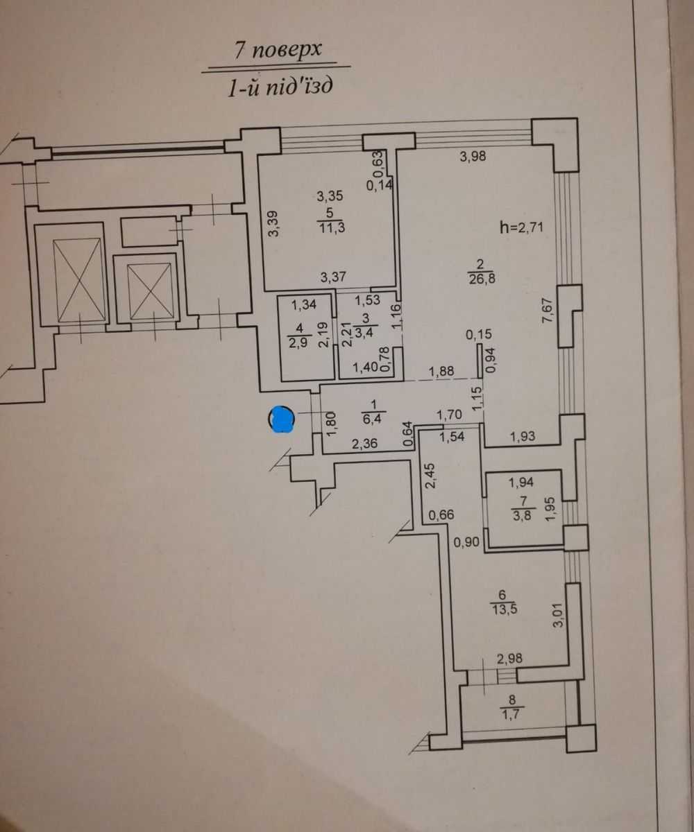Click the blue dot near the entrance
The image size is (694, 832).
[x=282, y=419]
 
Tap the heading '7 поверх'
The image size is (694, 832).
[x=278, y=51]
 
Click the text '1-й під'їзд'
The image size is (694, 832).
[x=280, y=87]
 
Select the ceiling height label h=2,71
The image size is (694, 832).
[x=521, y=227]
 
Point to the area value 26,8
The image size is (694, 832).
[x=482, y=278]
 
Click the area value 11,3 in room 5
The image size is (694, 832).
[x=332, y=228]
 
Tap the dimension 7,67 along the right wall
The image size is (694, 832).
[x=548, y=311]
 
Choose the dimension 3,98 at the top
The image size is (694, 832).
[x=473, y=156]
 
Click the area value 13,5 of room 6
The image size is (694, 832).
[x=504, y=609]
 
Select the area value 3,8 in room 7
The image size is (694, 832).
[x=522, y=516]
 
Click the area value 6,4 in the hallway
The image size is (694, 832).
[x=372, y=419]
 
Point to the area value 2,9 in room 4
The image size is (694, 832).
[x=298, y=343]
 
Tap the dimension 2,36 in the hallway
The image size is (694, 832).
[x=364, y=443]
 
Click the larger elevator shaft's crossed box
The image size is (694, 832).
[x=76, y=280]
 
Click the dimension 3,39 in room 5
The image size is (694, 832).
[x=273, y=223]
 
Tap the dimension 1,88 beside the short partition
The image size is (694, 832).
[x=441, y=371]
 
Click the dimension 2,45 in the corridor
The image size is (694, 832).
[x=430, y=476]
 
